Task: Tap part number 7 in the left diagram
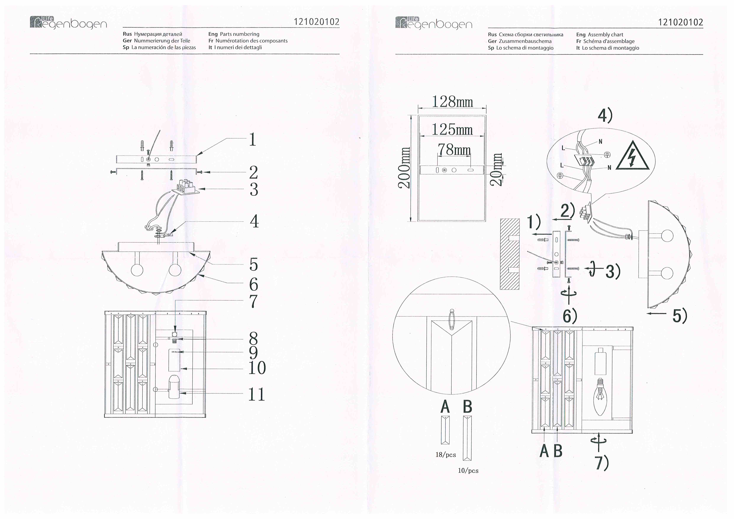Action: (x=253, y=301)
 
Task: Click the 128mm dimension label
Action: (x=452, y=102)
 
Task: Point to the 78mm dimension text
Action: (x=454, y=149)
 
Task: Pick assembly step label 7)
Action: (x=602, y=463)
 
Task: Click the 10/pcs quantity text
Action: (x=468, y=470)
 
